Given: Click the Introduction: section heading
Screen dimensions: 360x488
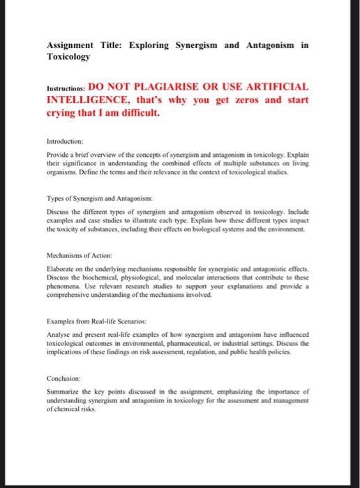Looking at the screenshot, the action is pyautogui.click(x=65, y=139).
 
